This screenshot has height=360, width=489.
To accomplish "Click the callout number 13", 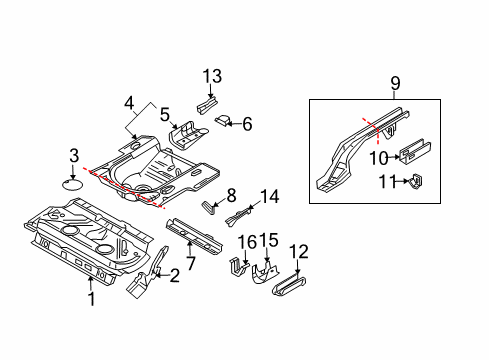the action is point(212,76).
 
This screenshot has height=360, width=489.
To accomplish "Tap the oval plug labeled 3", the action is point(73,184).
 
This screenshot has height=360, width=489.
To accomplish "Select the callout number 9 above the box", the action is point(395,83).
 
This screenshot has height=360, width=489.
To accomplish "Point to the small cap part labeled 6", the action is point(222,120).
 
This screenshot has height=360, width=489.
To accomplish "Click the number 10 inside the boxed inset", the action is point(379,158).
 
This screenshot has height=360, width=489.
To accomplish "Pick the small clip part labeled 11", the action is point(415,181).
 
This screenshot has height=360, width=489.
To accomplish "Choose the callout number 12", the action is point(299,252).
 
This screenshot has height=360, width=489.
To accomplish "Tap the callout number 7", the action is point(190,263).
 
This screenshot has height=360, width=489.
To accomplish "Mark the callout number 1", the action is point(92,299).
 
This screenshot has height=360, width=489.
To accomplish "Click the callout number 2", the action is point(174,276).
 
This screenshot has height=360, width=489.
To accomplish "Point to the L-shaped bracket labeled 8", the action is point(208,208).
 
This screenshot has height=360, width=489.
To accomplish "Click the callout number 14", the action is point(269,197).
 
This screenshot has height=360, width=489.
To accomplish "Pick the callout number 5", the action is point(165,114).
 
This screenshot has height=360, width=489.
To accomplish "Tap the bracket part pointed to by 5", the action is point(187,136).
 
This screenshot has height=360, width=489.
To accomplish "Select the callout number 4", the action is point(129,103).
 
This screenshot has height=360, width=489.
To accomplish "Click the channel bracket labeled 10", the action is point(415,152).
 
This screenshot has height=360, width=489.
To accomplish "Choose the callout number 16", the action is point(247,241).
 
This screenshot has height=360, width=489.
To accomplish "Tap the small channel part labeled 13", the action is point(207,104).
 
